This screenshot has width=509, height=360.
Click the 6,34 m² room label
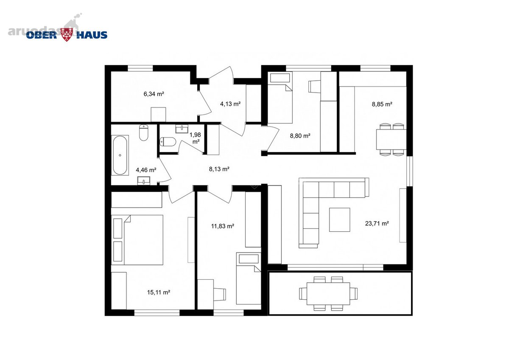(154, 94)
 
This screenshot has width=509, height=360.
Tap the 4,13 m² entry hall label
(230, 104)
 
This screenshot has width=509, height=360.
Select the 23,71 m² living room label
(377, 224)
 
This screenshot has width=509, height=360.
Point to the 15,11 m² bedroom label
(159, 292)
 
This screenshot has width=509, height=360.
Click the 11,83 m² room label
(223, 226)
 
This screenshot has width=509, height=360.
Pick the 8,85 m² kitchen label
(382, 104)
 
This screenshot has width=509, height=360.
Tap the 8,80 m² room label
(300, 136)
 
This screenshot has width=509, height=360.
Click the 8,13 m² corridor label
(219, 169)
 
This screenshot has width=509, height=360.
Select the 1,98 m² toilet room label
(196, 138)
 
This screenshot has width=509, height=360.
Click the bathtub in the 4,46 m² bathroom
(120, 155)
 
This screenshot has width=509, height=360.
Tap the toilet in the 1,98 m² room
(168, 141)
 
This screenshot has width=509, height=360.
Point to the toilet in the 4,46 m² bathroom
(144, 132)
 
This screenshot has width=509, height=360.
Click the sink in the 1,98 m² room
(182, 129)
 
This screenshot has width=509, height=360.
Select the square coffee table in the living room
(339, 219)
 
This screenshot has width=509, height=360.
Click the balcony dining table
(328, 294)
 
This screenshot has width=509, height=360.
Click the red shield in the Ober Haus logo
(67, 34)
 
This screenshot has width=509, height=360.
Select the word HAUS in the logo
(92, 35)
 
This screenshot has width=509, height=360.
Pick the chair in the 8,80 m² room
(314, 87)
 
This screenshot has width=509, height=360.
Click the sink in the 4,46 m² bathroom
(144, 181)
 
